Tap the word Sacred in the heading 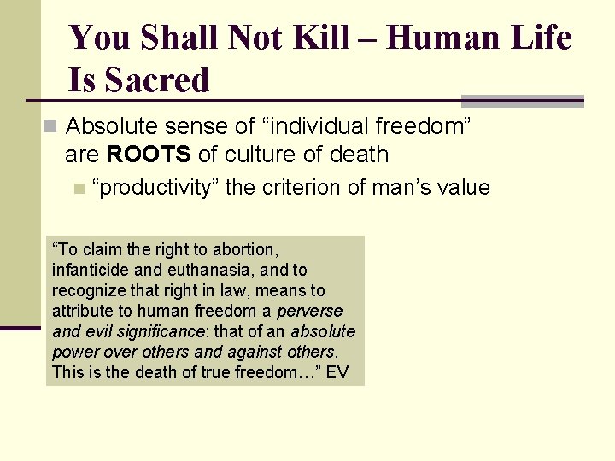[x=157, y=81]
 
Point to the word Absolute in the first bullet [x=108, y=127]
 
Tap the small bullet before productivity [x=79, y=189]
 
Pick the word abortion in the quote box [x=247, y=250]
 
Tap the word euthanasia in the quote [x=197, y=271]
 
